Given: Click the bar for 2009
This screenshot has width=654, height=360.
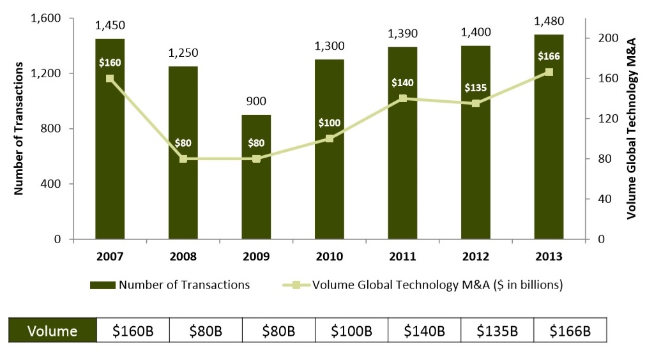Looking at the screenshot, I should pyautogui.click(x=256, y=185).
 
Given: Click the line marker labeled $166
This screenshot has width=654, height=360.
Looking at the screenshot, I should pyautogui.click(x=549, y=72).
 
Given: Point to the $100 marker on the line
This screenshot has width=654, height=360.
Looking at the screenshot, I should pyautogui.click(x=330, y=138).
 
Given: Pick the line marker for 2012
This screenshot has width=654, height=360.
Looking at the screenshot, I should pyautogui.click(x=476, y=103).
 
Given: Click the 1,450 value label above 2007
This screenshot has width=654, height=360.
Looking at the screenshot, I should pyautogui.click(x=110, y=26).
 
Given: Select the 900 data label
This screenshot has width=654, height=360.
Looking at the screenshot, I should pyautogui.click(x=256, y=101).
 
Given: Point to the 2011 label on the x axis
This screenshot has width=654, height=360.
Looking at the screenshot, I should pyautogui.click(x=402, y=257).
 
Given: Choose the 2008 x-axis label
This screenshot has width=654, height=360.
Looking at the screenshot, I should pyautogui.click(x=183, y=257).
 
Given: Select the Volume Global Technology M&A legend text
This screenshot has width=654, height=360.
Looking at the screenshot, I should pyautogui.click(x=437, y=285).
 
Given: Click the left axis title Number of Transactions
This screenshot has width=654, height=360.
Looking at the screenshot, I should pyautogui.click(x=19, y=128).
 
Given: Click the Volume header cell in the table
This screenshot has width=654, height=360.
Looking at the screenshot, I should pyautogui.click(x=52, y=331).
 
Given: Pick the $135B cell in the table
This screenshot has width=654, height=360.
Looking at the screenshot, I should pyautogui.click(x=497, y=331).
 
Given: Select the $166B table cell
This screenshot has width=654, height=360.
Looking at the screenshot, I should pyautogui.click(x=570, y=331).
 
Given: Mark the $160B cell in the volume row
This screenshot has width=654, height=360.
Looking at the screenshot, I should pyautogui.click(x=133, y=331).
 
